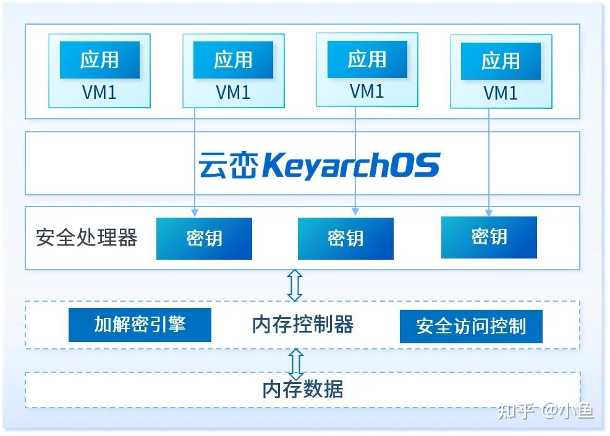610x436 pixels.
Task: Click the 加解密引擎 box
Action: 140,324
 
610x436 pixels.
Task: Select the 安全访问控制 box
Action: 471,326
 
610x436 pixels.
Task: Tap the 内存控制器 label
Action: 303,324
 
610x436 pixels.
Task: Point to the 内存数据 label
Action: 303,390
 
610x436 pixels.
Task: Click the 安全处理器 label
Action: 87,237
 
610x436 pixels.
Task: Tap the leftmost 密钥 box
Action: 204,238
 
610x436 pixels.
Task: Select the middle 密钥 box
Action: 345,238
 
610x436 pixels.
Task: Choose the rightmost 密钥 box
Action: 489,237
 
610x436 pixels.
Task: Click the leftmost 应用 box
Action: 99,60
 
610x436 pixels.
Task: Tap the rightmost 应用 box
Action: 501,61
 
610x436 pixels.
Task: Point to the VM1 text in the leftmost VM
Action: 99,93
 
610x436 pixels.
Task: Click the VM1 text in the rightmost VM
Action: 501,93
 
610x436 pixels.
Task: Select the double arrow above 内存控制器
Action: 295,285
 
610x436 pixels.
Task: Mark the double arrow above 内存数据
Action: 296,364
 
